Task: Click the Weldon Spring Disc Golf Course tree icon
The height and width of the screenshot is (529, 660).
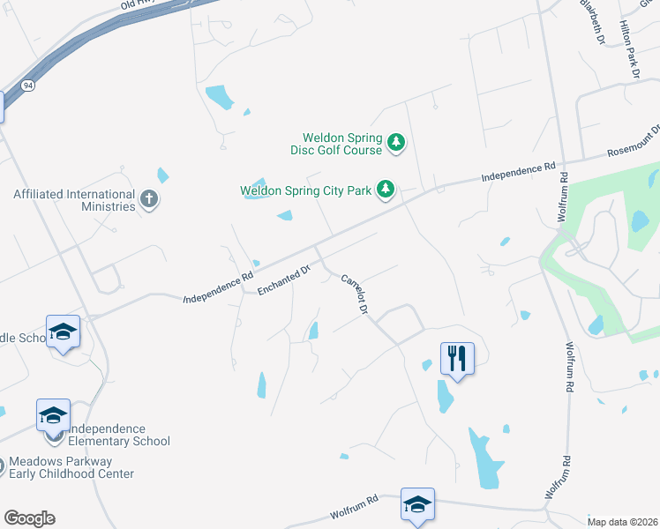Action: [x=397, y=143]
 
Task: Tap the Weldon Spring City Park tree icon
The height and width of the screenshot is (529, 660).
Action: [x=386, y=189]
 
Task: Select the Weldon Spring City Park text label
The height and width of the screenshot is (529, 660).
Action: [x=305, y=190]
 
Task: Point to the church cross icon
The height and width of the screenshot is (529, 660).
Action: [x=149, y=198]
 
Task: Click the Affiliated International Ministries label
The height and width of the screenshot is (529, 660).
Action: [x=74, y=200]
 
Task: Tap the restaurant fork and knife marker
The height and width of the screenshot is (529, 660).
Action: [x=457, y=358]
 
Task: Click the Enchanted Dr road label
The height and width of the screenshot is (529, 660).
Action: [x=285, y=279]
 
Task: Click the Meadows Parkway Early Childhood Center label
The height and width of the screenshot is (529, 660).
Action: [x=71, y=467]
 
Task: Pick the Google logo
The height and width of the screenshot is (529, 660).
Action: [x=29, y=518]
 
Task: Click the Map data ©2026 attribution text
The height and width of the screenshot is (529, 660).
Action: [x=622, y=522]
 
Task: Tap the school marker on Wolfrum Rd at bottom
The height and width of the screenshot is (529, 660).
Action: [x=417, y=504]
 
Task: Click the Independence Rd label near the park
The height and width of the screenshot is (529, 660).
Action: [x=518, y=172]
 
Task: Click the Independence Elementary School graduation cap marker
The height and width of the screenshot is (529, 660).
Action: [x=53, y=414]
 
